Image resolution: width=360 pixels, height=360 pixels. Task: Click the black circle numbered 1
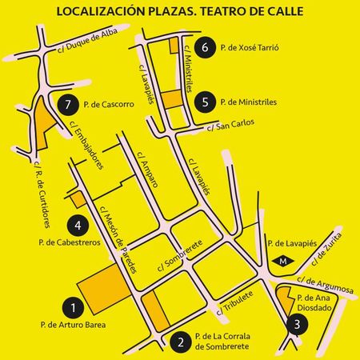(x=73, y=306)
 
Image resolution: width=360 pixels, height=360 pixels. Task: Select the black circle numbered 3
(x=298, y=324)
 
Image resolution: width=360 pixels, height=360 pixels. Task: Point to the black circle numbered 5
(x=206, y=102)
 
